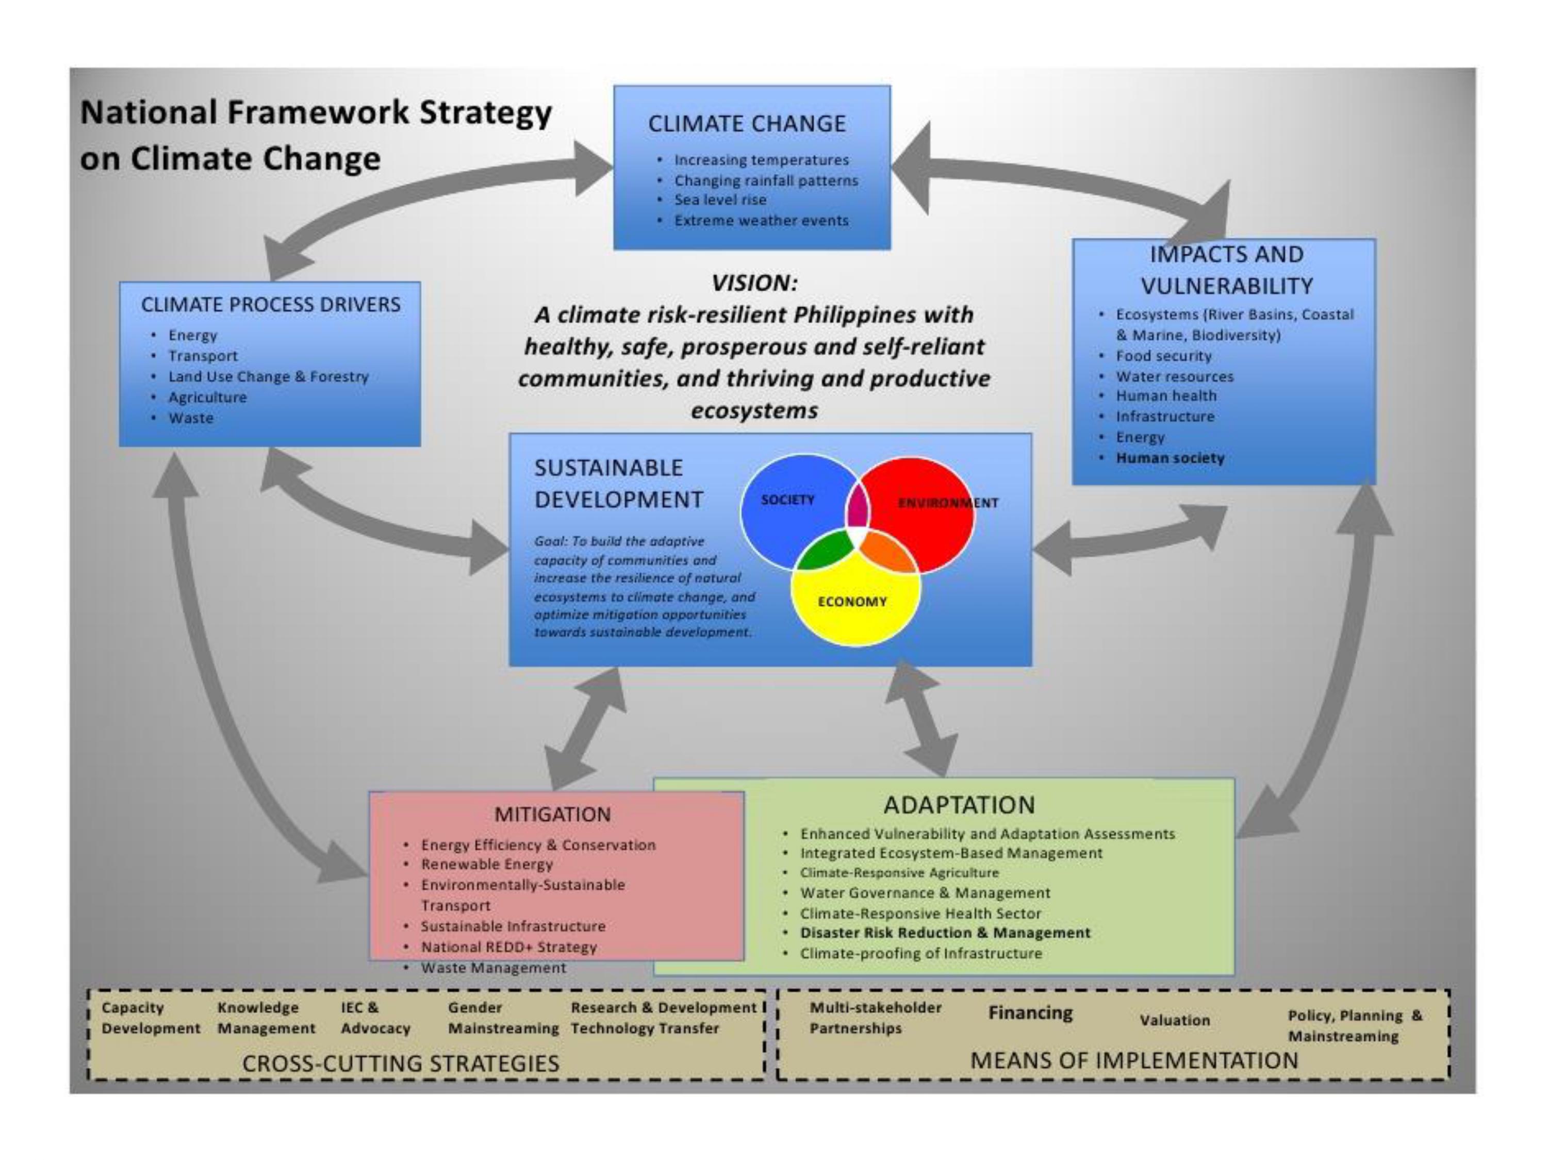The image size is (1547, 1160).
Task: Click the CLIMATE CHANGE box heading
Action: click(x=747, y=124)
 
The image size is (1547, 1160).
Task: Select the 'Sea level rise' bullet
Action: click(x=720, y=200)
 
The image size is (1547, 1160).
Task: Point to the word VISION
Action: click(x=754, y=283)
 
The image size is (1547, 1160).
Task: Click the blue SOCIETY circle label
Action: click(x=787, y=500)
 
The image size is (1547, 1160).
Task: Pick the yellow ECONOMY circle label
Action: click(x=852, y=601)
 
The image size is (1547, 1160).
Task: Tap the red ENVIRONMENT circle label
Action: click(x=948, y=503)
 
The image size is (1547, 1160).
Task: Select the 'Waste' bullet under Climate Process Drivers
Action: click(x=190, y=418)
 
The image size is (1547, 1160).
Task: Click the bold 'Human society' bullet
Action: click(x=1170, y=458)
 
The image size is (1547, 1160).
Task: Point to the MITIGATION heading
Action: click(x=552, y=815)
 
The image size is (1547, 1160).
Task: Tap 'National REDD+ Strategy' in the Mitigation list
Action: click(x=508, y=947)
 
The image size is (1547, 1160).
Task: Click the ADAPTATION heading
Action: click(x=959, y=805)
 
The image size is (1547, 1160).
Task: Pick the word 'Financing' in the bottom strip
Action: click(x=1030, y=1013)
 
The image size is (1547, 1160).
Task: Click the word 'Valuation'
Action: click(x=1174, y=1020)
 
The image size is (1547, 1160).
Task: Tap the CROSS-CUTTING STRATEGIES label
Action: click(x=401, y=1064)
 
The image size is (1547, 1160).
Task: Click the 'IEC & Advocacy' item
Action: click(x=375, y=1018)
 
